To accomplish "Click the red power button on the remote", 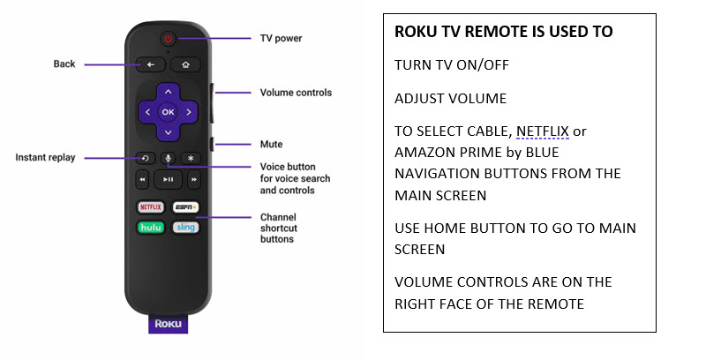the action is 168,39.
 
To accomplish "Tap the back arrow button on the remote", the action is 150,64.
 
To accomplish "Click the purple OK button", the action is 168,112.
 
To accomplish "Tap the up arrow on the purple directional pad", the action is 168,92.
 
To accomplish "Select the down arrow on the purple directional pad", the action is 168,132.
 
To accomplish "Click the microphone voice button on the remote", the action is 169,159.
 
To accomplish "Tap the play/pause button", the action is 168,179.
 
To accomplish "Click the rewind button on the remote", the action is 142,179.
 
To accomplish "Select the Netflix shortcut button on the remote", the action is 150,207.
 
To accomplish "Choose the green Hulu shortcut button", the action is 150,228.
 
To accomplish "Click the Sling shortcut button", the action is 185,228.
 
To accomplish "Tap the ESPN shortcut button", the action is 185,207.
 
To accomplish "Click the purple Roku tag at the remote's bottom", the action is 168,324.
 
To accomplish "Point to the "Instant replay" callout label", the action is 45,157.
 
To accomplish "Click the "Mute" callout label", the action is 271,145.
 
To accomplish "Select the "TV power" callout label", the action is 281,39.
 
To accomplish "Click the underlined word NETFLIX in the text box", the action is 543,131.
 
